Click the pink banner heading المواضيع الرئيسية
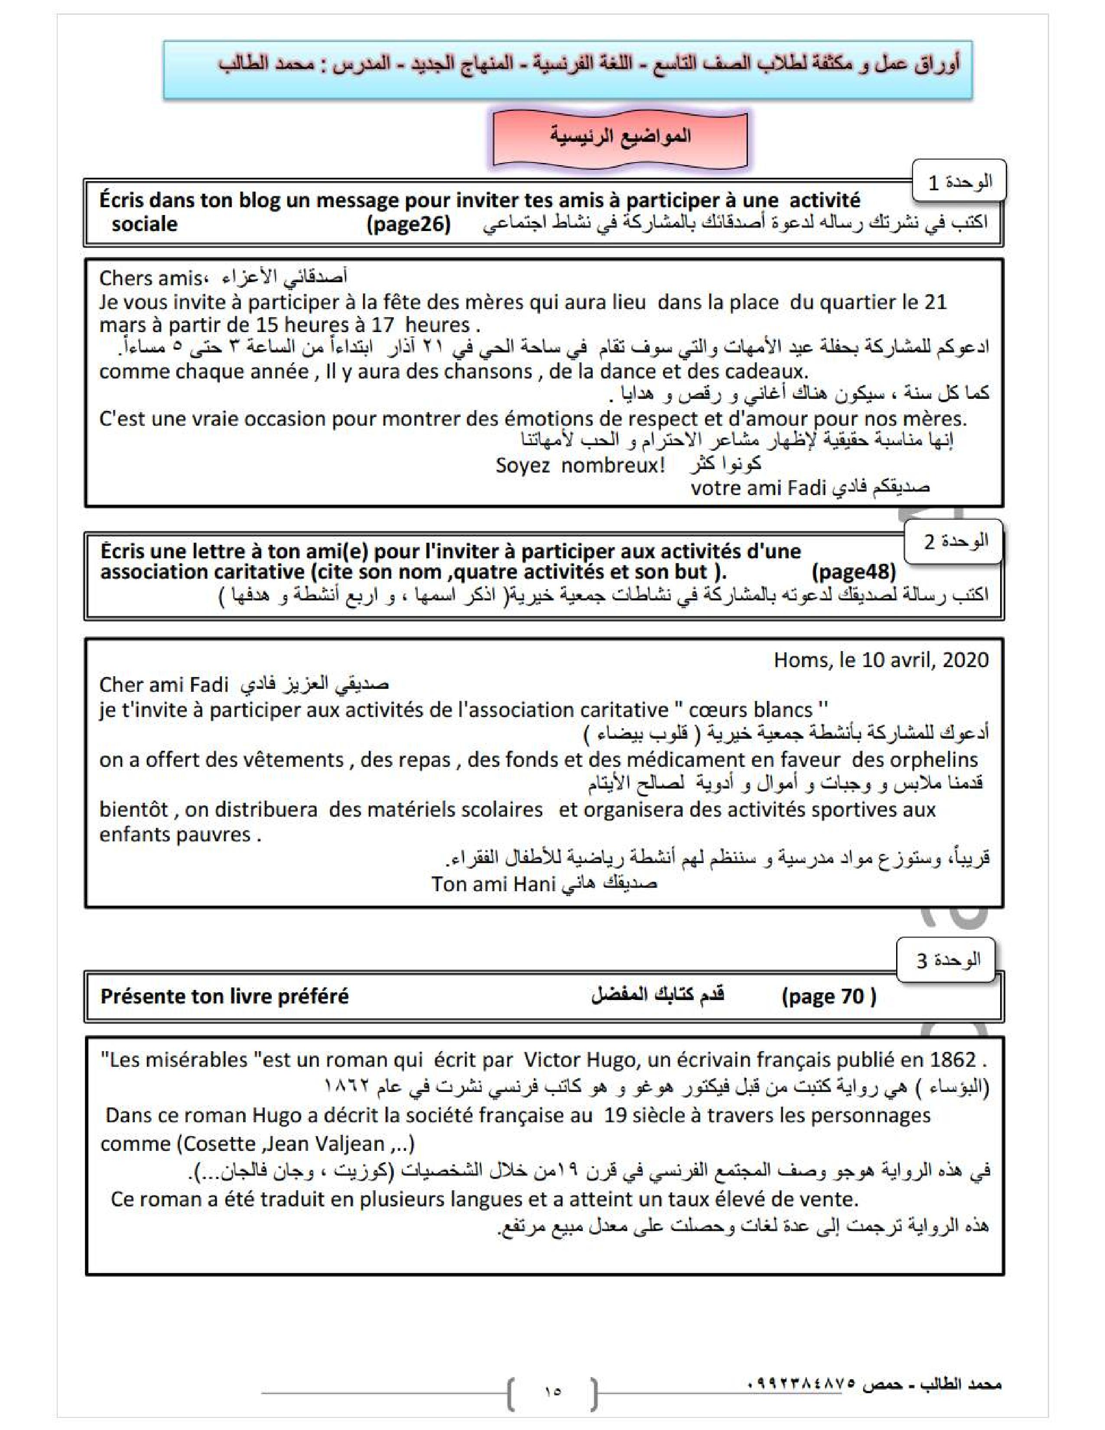coord(619,137)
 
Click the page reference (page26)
coord(409,224)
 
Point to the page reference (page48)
coord(853,572)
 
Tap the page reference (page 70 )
coord(828,996)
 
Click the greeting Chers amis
coord(150,278)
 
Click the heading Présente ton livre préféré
coord(224,996)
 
